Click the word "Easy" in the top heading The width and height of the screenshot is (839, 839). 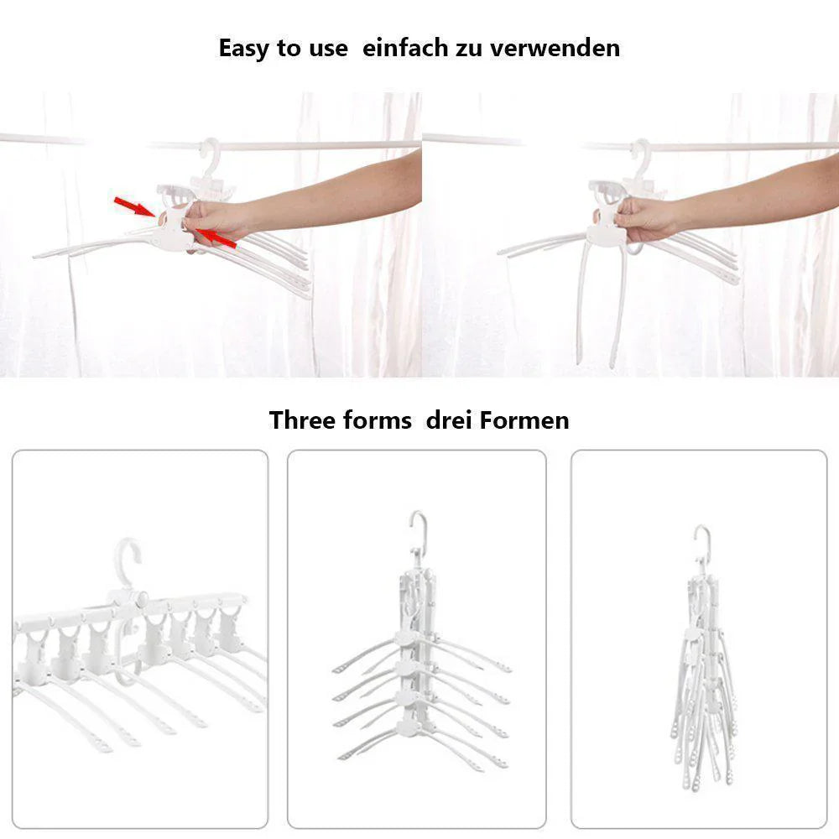point(244,49)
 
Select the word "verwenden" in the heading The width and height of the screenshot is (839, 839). point(555,48)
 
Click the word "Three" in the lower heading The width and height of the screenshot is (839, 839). point(302,420)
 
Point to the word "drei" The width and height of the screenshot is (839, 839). point(448,420)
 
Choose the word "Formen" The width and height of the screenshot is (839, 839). point(524,420)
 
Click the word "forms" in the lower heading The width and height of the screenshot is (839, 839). point(378,420)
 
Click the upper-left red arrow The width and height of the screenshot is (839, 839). point(135,206)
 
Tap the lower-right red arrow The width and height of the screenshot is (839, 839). point(215,238)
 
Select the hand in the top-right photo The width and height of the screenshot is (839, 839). point(644,219)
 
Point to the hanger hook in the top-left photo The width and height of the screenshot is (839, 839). point(212,156)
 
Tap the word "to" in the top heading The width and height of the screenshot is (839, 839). point(289,49)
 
